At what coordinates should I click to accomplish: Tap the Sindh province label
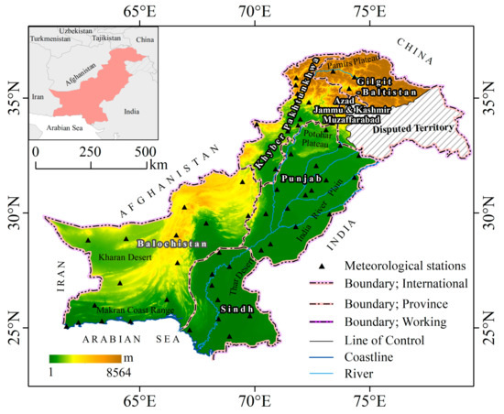pos(237,310)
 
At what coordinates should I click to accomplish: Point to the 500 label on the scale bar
pos(146,150)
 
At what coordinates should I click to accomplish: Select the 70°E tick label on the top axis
pos(254,13)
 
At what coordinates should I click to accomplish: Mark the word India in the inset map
pos(131,113)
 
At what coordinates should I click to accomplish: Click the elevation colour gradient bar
pos(85,356)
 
